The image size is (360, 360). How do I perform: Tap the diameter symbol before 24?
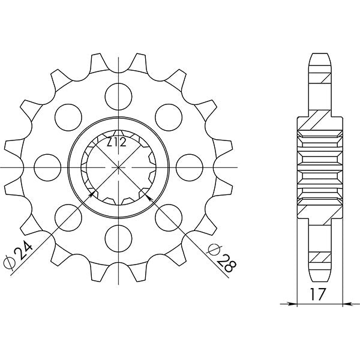(x=9, y=262)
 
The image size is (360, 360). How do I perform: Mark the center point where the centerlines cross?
(x=118, y=166)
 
